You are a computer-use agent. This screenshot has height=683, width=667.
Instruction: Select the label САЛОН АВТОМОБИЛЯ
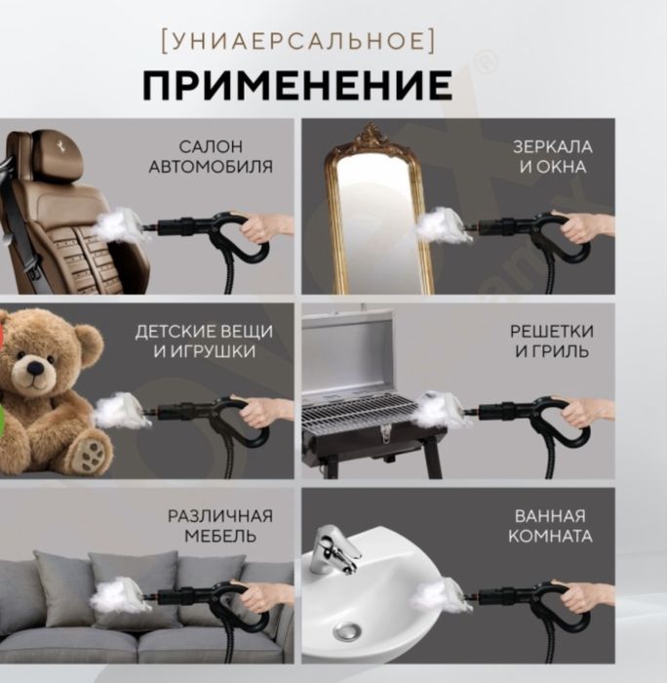[x=211, y=157]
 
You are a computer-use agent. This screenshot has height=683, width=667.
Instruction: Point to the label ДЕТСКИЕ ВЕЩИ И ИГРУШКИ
[x=204, y=341]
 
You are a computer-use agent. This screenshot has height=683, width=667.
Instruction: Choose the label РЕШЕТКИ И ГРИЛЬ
[x=551, y=341]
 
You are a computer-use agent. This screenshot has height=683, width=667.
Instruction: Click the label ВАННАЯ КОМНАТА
[x=553, y=527]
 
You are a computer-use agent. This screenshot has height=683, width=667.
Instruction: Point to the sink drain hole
[x=348, y=632]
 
